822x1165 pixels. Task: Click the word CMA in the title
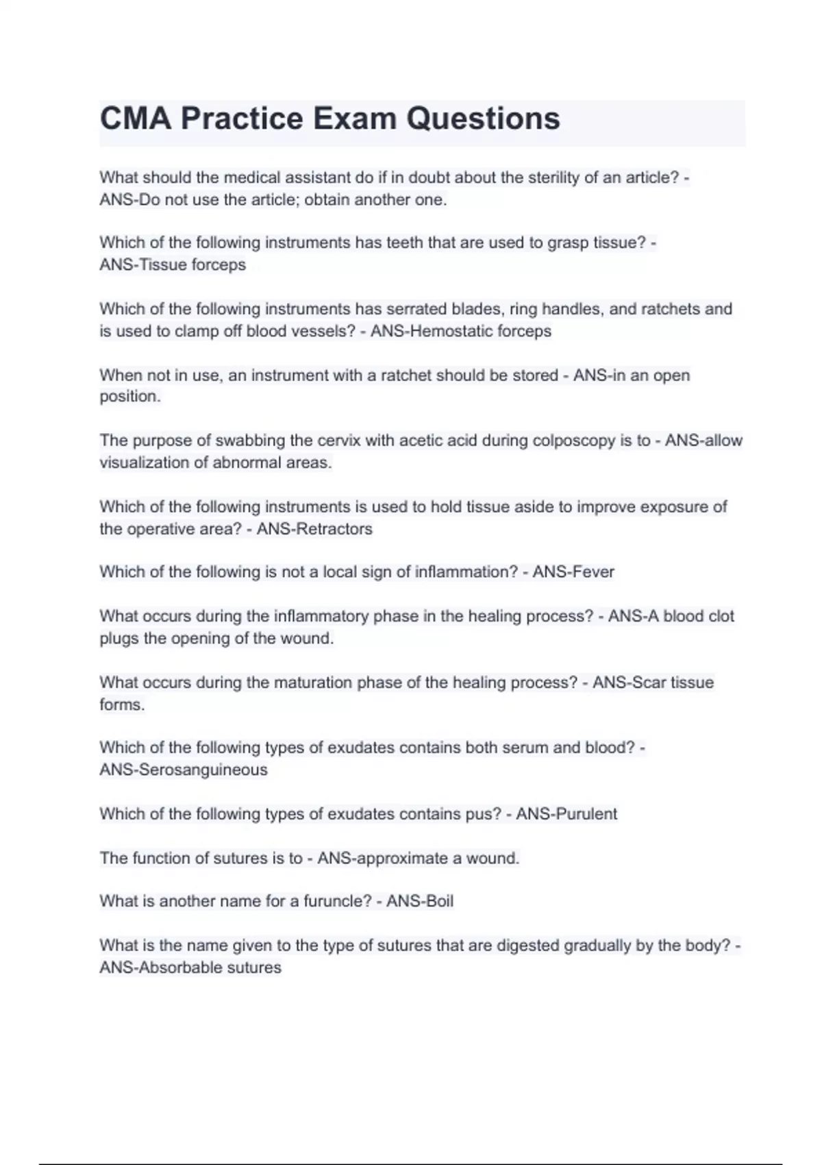[135, 119]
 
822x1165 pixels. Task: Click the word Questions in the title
[483, 119]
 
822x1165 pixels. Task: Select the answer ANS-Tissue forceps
[173, 265]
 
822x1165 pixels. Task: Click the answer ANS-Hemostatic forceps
[460, 331]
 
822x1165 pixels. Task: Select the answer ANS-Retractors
[314, 529]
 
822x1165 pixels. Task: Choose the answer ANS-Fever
[573, 572]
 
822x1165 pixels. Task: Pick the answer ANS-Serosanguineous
[184, 770]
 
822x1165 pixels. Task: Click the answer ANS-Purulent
[566, 814]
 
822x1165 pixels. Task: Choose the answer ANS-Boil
[420, 901]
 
